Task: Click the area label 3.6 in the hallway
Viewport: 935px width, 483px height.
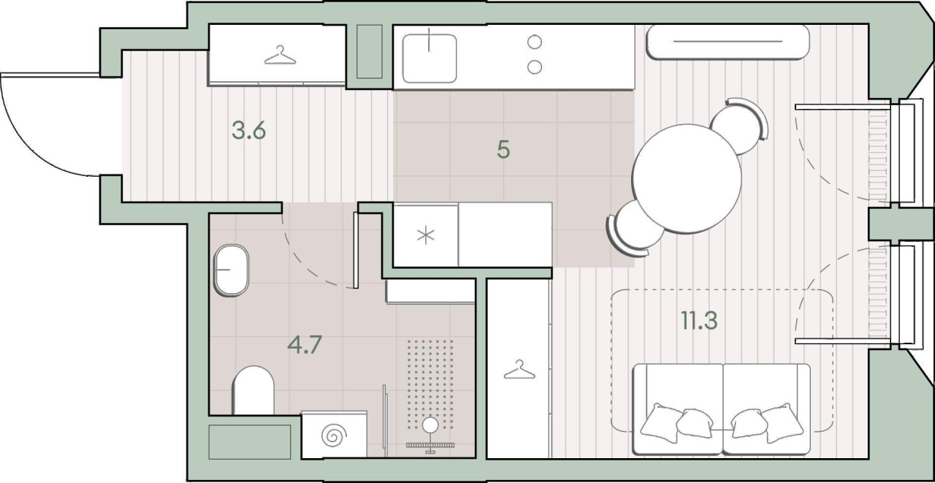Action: pyautogui.click(x=249, y=130)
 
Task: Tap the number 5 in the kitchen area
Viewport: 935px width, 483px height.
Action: pyautogui.click(x=503, y=150)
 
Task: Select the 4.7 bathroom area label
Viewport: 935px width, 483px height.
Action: pyautogui.click(x=305, y=345)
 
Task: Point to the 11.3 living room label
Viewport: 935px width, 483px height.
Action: pyautogui.click(x=699, y=321)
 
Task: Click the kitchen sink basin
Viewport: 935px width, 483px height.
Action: pyautogui.click(x=429, y=58)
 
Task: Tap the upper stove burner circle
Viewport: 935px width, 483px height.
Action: pyautogui.click(x=535, y=42)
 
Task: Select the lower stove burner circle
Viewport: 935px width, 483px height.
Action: pyautogui.click(x=535, y=66)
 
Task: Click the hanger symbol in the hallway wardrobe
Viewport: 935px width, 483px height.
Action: pyautogui.click(x=280, y=55)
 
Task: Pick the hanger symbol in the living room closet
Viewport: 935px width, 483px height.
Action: pyautogui.click(x=519, y=370)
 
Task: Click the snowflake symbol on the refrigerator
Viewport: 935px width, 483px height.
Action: pyautogui.click(x=426, y=235)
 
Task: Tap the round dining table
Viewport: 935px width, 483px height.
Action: pyautogui.click(x=687, y=178)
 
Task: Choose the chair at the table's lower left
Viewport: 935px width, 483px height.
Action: pyautogui.click(x=633, y=229)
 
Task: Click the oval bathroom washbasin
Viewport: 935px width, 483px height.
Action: pyautogui.click(x=231, y=270)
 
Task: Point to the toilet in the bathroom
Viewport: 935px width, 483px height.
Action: pyautogui.click(x=253, y=390)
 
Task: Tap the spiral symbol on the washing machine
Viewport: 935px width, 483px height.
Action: pyautogui.click(x=334, y=436)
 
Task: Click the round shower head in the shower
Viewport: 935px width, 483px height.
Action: pyautogui.click(x=430, y=425)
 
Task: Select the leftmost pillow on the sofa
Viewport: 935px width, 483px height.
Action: pyautogui.click(x=661, y=422)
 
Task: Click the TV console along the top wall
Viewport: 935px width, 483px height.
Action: pyautogui.click(x=728, y=42)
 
